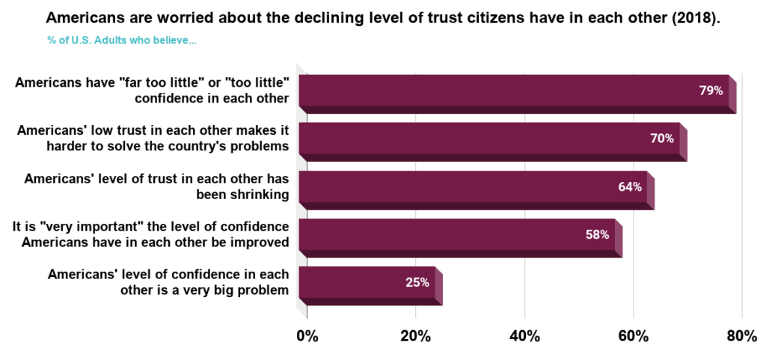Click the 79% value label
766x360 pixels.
[x=711, y=91]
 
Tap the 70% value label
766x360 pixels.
[x=662, y=138]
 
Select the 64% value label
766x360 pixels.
[x=630, y=186]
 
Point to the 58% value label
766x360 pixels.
[x=597, y=234]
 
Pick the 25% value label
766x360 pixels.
[x=417, y=282]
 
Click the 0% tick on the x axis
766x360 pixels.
[x=307, y=335]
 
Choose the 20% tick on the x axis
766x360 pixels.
[x=415, y=335]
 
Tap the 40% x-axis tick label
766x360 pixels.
[x=524, y=335]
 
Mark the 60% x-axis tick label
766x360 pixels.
[x=633, y=335]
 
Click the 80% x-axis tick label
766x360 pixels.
[x=741, y=335]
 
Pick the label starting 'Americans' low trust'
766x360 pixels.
[x=153, y=138]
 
